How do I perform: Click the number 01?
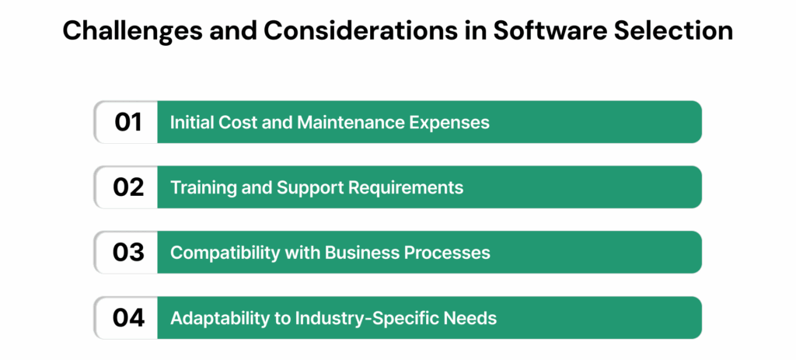[127, 122]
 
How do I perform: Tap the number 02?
[127, 187]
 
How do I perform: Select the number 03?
[127, 253]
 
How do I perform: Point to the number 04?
[127, 317]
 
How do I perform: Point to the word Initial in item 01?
[190, 123]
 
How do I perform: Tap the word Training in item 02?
[200, 187]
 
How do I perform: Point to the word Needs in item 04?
[472, 318]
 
